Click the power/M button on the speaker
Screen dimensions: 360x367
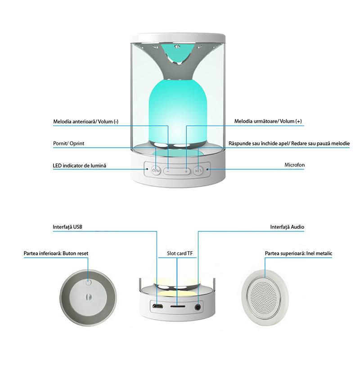point(156,171)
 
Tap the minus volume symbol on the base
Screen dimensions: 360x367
point(167,171)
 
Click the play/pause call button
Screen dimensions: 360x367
point(198,171)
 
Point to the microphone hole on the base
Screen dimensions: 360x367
point(207,169)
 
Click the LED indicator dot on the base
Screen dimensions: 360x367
point(147,169)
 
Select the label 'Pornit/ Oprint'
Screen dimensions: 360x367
point(68,143)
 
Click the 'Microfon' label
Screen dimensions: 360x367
point(294,165)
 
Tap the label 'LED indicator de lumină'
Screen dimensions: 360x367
point(80,165)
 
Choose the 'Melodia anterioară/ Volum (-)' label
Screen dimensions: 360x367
point(86,122)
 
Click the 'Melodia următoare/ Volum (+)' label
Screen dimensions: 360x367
point(268,121)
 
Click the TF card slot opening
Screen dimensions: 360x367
point(178,306)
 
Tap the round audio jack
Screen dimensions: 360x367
point(198,307)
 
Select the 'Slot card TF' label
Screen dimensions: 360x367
point(180,253)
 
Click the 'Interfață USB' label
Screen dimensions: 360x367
point(67,227)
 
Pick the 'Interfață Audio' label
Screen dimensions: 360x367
point(287,227)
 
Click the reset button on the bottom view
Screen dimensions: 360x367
point(88,281)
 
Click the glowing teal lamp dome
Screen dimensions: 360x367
point(177,112)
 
